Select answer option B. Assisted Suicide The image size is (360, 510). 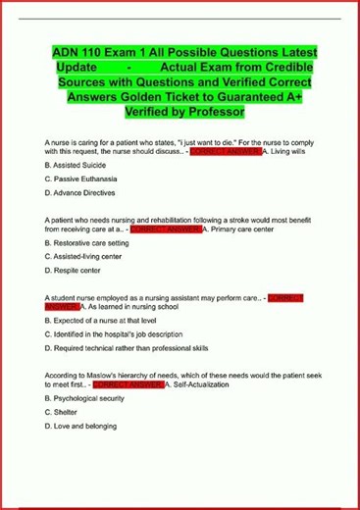pyautogui.click(x=82, y=169)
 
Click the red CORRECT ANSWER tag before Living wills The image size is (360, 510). pyautogui.click(x=224, y=153)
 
